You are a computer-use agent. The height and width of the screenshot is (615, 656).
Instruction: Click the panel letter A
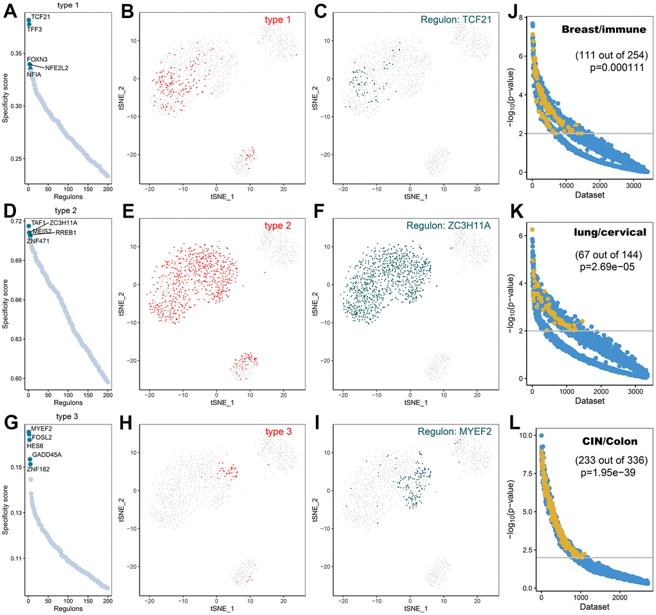pos(11,12)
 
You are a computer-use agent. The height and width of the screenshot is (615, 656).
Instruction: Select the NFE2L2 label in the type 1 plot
pos(57,67)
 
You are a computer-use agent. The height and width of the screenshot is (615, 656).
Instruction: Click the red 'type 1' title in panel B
pos(277,20)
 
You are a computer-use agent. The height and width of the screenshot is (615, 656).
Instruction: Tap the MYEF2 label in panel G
pos(41,428)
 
